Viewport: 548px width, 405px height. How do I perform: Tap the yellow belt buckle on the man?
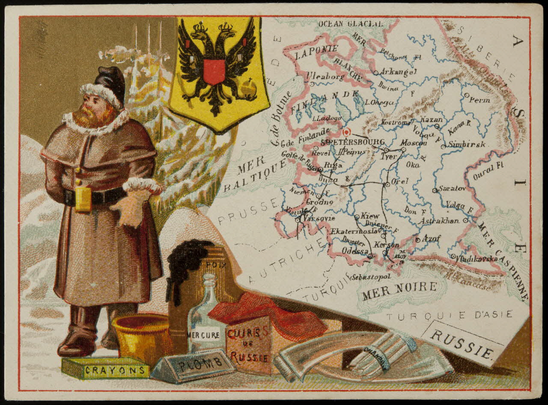point(83,199)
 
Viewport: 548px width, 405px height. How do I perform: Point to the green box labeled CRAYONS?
point(105,369)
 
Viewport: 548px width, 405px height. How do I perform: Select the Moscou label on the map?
point(414,142)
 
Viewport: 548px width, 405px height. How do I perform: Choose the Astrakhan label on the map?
point(439,221)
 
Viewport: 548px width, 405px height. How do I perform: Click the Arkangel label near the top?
point(398,72)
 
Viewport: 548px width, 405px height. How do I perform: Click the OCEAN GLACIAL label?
point(350,24)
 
